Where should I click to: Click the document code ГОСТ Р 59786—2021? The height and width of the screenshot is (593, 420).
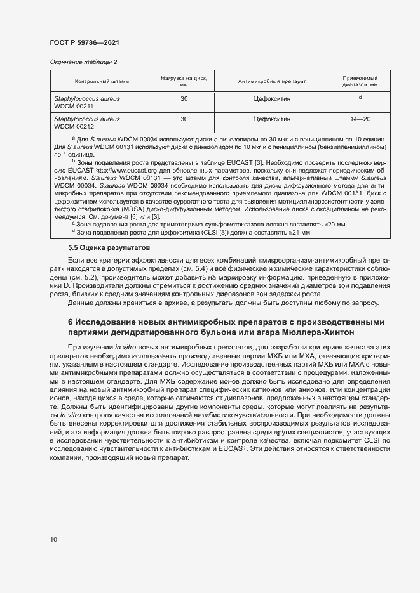(84, 42)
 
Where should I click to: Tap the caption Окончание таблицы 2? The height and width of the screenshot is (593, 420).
(83, 62)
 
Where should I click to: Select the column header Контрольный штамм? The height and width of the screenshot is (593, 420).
(102, 82)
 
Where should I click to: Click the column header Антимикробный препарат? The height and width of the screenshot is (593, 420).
(272, 82)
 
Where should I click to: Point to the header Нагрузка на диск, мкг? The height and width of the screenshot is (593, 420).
(184, 81)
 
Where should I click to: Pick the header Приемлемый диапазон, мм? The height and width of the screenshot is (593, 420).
(360, 81)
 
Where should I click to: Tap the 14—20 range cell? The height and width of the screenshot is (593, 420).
(360, 119)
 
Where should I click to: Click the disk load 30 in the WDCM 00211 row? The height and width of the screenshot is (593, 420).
(184, 99)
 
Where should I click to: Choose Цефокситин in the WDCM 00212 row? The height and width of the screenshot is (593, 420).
(272, 119)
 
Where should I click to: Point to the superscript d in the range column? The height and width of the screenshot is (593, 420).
(360, 98)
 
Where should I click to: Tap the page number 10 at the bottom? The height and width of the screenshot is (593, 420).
(53, 540)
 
